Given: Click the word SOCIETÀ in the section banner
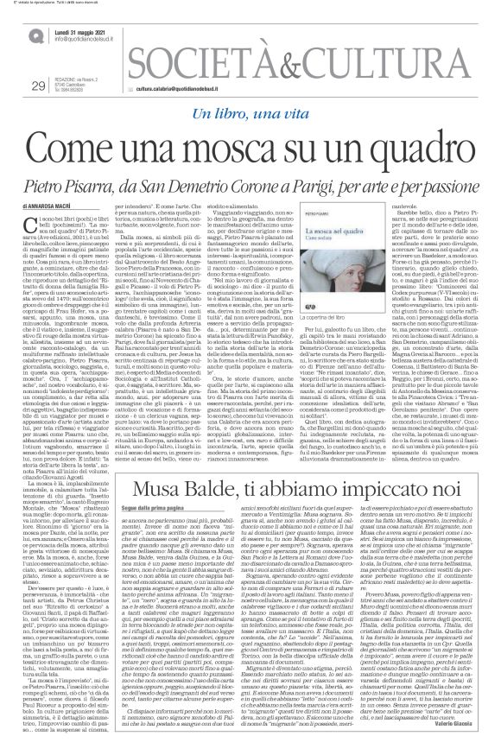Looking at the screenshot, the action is pyautogui.click(x=194, y=63).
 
